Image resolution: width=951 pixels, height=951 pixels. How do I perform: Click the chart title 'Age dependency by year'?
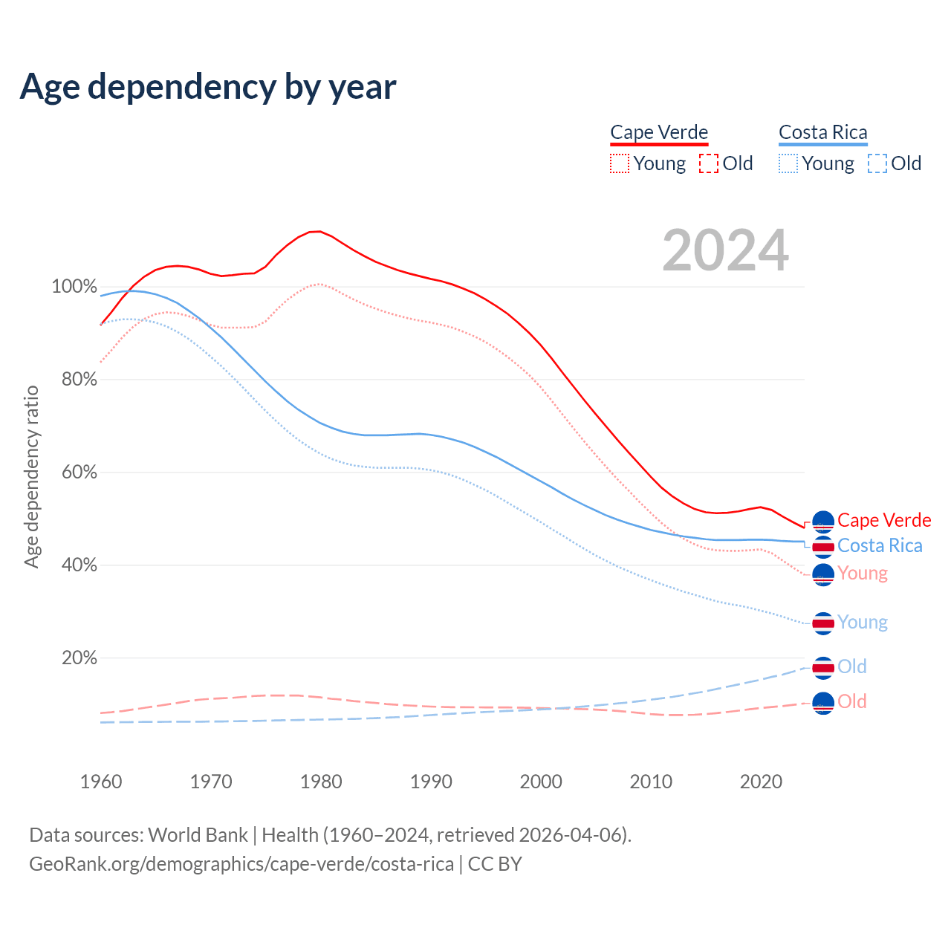point(208,86)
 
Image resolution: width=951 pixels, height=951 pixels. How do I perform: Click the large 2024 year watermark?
point(725,251)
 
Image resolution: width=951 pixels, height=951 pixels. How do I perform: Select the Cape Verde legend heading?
point(659,132)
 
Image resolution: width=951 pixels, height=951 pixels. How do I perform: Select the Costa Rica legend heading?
point(822,132)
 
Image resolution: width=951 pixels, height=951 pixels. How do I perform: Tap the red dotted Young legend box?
point(620,163)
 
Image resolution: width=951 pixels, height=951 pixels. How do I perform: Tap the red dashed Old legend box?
point(709,163)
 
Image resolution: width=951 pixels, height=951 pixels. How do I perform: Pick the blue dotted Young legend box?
point(788,163)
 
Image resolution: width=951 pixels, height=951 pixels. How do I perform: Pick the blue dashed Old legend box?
point(877,163)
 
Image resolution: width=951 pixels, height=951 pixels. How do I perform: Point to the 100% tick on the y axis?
point(74,287)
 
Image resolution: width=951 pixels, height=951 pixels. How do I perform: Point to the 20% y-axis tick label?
point(79,658)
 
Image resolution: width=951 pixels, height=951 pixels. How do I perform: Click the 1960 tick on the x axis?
point(101,782)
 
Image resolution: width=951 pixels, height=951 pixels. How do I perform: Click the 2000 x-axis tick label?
point(541,782)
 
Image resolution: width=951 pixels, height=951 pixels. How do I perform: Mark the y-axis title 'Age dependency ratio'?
point(31,476)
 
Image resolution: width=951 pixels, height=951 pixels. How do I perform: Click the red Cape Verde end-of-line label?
point(884,520)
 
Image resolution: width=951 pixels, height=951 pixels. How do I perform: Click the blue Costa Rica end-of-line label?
point(880,546)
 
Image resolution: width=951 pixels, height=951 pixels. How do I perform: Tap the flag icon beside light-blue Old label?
point(823,667)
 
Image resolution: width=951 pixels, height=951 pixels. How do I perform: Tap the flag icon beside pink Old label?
point(823,702)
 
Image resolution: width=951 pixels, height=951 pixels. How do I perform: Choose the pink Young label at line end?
point(863,574)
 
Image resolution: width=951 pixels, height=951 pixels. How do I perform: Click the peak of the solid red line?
point(317,231)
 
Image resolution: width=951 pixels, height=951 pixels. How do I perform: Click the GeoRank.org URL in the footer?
point(241,864)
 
